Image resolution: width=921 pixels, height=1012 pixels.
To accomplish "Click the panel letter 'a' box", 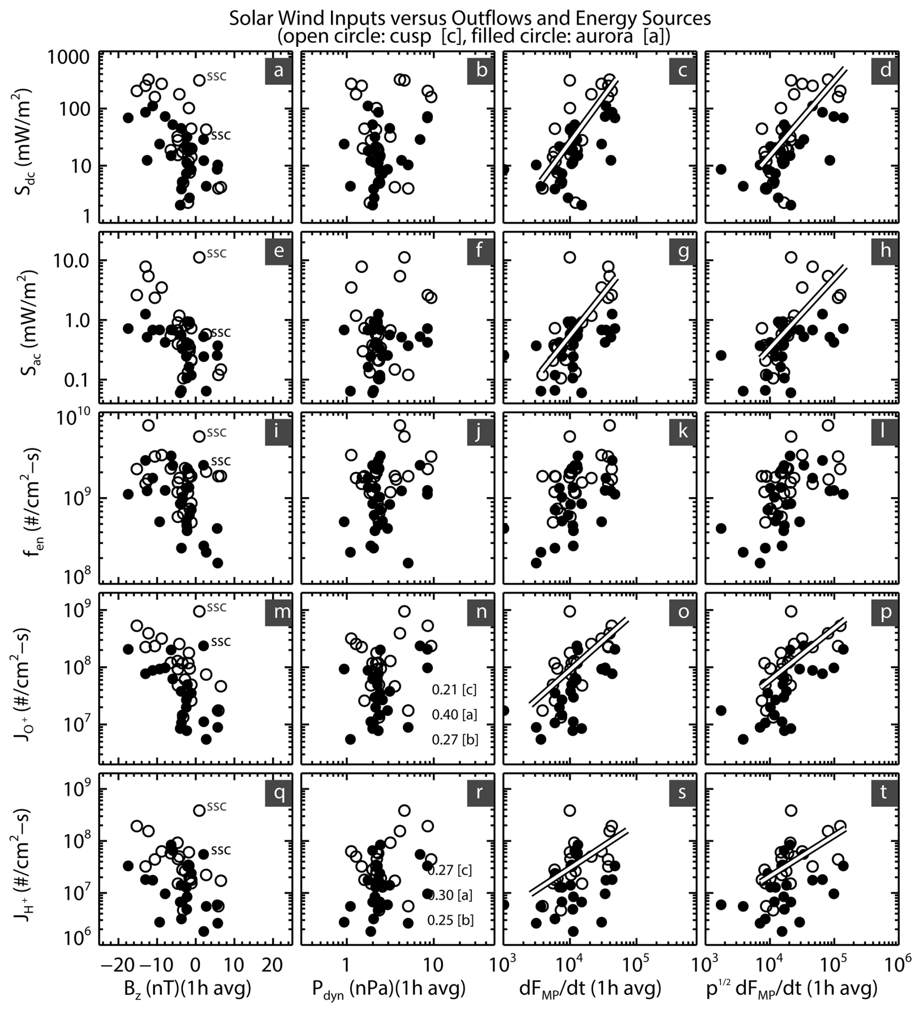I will point(278,70).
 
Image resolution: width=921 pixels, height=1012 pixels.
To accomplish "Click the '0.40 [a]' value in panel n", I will point(454,714).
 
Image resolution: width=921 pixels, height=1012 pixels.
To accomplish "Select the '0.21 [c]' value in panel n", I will point(454,690).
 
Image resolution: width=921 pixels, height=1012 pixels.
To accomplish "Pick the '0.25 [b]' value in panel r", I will point(450,919).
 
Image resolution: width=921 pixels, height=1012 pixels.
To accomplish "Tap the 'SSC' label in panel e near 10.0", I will point(217,254).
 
